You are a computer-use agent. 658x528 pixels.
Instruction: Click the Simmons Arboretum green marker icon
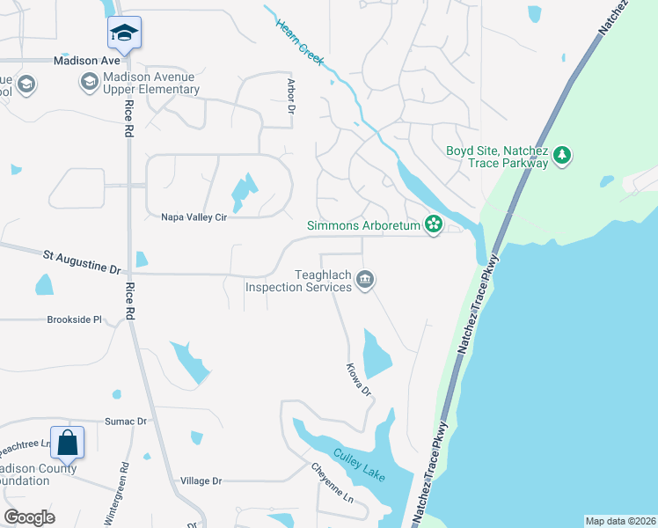point(433,225)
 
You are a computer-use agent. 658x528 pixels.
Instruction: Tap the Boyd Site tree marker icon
point(563,157)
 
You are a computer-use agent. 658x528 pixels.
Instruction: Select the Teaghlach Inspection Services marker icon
point(365,281)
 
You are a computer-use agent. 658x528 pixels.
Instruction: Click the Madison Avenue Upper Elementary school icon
point(89,83)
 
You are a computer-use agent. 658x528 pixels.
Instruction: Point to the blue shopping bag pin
point(67,442)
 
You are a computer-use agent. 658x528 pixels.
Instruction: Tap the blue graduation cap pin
point(124,34)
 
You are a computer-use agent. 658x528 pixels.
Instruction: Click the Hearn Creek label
point(298,40)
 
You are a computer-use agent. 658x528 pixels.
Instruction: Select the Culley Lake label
point(358,465)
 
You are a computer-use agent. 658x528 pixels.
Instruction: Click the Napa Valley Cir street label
point(194,216)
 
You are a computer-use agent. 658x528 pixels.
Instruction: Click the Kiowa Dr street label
point(359,379)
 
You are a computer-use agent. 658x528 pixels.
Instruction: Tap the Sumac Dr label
point(126,422)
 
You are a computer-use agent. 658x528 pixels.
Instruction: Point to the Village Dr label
point(201,481)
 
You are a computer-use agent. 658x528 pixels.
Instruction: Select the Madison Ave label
point(86,61)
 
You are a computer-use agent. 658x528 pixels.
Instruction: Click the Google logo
point(29,517)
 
